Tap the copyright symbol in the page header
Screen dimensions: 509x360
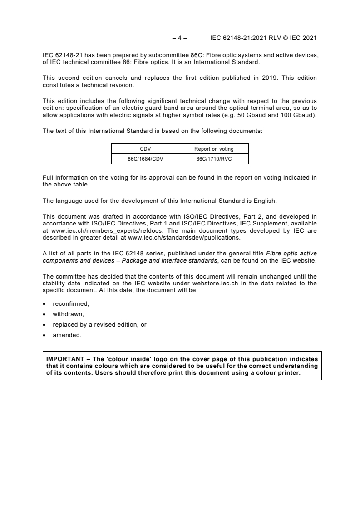click(290, 38)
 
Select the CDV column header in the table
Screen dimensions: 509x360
click(146, 149)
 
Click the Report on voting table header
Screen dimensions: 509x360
click(214, 149)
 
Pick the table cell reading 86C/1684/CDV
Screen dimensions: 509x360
click(146, 159)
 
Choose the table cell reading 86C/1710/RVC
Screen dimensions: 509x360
click(214, 159)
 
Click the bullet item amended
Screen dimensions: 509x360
click(67, 335)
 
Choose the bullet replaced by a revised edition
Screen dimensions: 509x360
click(99, 324)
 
